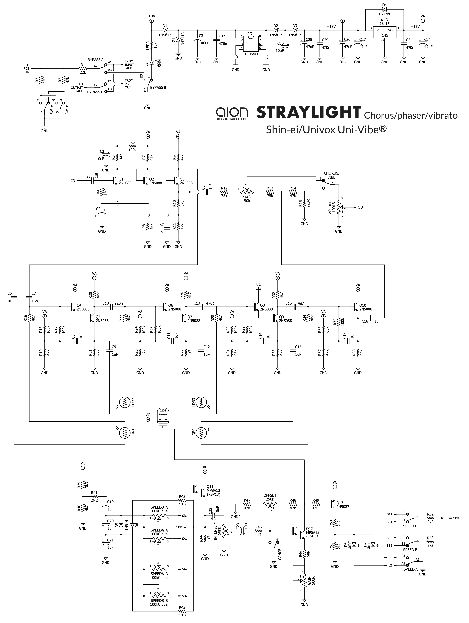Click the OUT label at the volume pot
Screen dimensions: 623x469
[361, 207]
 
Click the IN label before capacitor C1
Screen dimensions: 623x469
[73, 181]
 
